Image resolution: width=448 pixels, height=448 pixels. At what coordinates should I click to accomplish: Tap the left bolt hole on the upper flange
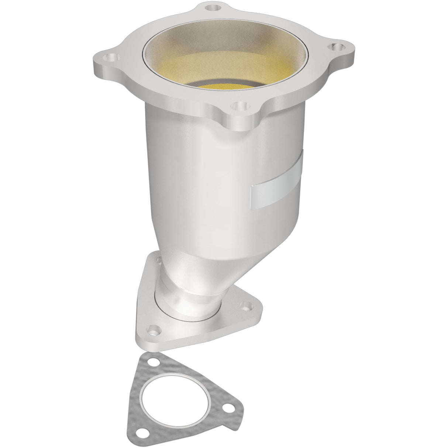tap(110, 58)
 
